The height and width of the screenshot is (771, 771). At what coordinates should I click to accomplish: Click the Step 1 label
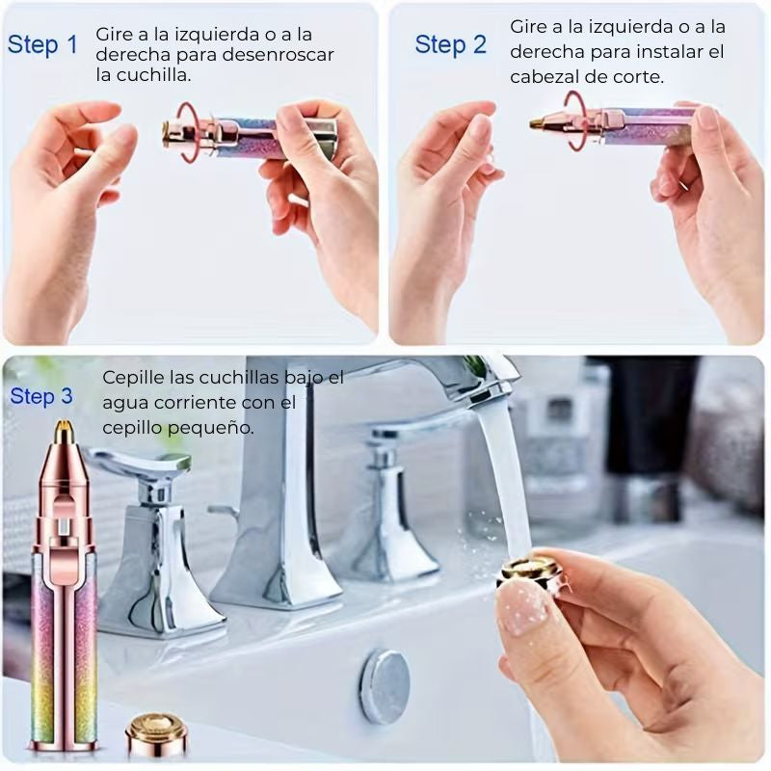[x=42, y=44]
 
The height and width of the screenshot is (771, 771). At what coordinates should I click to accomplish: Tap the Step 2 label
[x=450, y=44]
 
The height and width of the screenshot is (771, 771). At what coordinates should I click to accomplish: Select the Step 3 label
[x=41, y=396]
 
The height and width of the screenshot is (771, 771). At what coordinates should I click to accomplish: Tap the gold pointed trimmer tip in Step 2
[x=540, y=122]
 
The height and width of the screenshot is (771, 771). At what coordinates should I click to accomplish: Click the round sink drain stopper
[x=385, y=686]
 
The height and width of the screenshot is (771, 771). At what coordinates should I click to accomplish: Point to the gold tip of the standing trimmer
[x=63, y=429]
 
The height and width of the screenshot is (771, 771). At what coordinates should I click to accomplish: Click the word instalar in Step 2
[x=663, y=51]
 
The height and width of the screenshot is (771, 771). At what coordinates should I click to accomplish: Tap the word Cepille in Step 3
[x=133, y=378]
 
